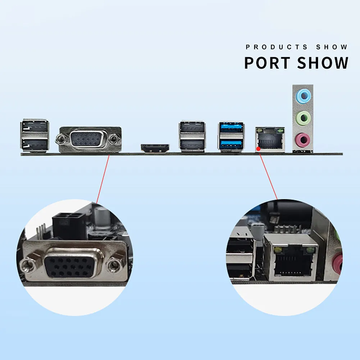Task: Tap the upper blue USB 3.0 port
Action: click(231, 127)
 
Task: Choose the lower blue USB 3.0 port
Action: click(231, 144)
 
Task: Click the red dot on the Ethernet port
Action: click(259, 149)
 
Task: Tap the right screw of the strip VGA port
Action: click(113, 139)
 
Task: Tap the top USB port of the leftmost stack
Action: click(35, 126)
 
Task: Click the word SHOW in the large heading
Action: click(323, 63)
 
